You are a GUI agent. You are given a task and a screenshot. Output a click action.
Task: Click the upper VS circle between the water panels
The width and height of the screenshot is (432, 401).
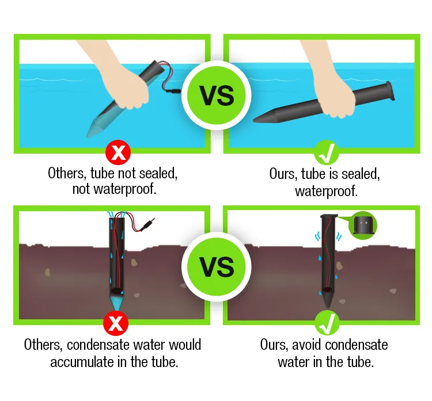(216, 96)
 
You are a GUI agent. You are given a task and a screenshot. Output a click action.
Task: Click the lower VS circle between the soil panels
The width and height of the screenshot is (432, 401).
(216, 267)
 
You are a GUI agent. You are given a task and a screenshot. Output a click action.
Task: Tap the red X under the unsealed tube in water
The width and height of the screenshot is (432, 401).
(118, 152)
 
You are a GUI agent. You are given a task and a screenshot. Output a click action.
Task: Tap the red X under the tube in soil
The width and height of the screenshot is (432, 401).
(116, 323)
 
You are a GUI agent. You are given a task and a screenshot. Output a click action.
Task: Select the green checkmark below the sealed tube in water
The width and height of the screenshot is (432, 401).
(327, 153)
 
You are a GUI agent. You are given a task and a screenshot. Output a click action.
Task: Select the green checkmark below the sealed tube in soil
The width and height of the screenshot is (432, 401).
(327, 323)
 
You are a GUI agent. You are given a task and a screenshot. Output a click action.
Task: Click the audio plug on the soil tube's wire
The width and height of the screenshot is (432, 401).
(147, 224)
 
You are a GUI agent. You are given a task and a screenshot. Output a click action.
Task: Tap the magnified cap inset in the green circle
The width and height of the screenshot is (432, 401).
(363, 225)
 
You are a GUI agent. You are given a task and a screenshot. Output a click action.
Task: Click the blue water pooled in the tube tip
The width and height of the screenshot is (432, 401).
(116, 302)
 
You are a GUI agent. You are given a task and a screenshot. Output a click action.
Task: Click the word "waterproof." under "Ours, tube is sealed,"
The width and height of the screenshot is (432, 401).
(327, 191)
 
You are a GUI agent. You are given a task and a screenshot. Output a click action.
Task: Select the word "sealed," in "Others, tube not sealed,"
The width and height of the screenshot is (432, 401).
(158, 173)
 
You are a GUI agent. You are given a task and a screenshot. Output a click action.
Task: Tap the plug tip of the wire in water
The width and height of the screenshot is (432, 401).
(174, 90)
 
